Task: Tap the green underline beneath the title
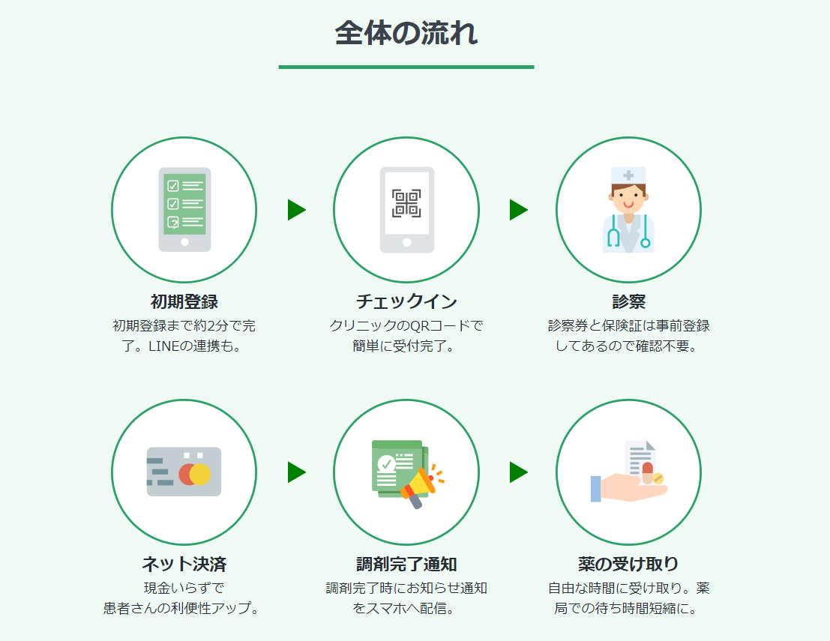click(x=406, y=67)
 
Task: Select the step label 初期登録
click(x=184, y=302)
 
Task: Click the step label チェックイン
click(x=406, y=302)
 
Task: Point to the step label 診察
click(x=628, y=302)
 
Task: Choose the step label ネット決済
click(x=184, y=564)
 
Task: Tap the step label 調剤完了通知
click(x=406, y=564)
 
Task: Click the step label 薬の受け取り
click(x=628, y=564)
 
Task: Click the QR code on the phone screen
click(x=406, y=203)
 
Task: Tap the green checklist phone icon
click(x=184, y=209)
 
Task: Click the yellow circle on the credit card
click(x=200, y=475)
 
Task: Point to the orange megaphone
click(x=420, y=484)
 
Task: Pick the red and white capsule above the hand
click(x=647, y=472)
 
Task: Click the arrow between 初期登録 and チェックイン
click(x=296, y=210)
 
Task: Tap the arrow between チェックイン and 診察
click(x=518, y=210)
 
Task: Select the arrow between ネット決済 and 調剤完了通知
click(x=296, y=472)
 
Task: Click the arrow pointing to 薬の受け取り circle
click(x=518, y=472)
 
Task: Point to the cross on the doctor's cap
click(x=628, y=175)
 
